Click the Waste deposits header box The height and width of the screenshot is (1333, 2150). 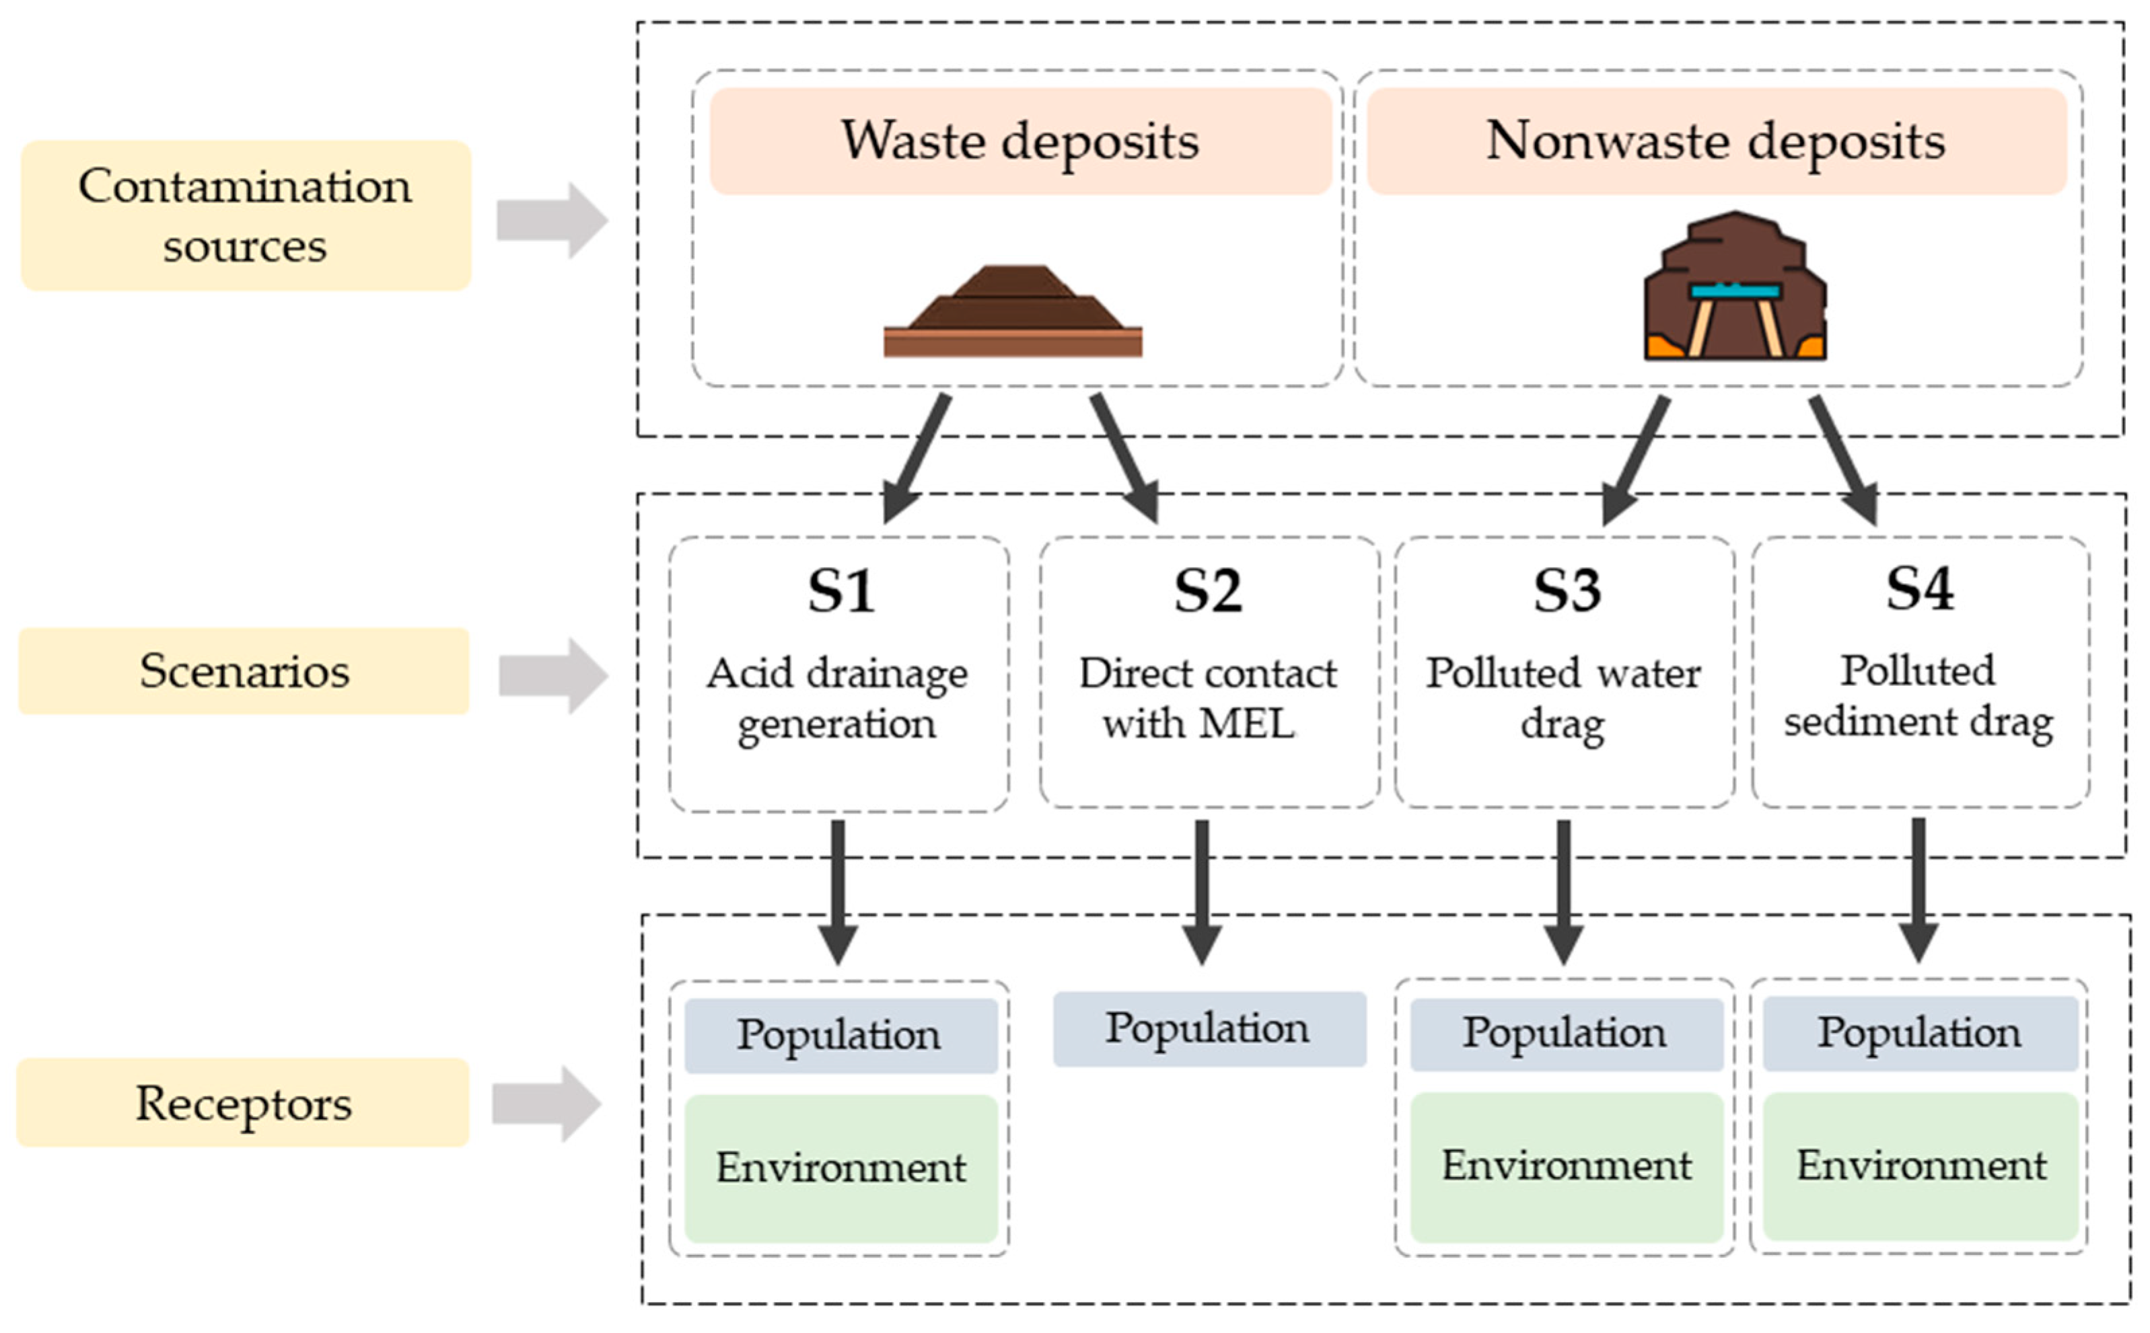(x=1019, y=141)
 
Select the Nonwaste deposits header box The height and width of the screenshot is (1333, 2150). (x=1715, y=141)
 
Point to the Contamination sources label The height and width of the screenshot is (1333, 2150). (x=245, y=215)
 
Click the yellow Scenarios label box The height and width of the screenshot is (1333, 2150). (x=244, y=671)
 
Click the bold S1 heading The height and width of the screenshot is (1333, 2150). (x=840, y=591)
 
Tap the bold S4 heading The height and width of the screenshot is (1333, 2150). (x=1919, y=589)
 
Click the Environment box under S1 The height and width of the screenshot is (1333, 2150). (x=840, y=1168)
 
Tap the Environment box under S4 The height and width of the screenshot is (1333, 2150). (x=1920, y=1166)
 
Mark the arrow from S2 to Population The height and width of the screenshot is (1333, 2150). (x=1201, y=890)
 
